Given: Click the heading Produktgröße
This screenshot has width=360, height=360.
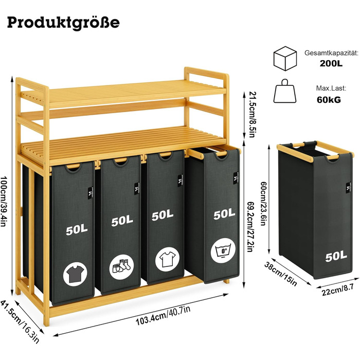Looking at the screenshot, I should (x=63, y=23).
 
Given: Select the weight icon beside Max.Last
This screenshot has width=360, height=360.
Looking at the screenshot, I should (x=285, y=93).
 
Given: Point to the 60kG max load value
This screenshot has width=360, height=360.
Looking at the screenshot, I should (x=328, y=100).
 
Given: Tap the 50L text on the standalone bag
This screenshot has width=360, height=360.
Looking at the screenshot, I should (x=335, y=255).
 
